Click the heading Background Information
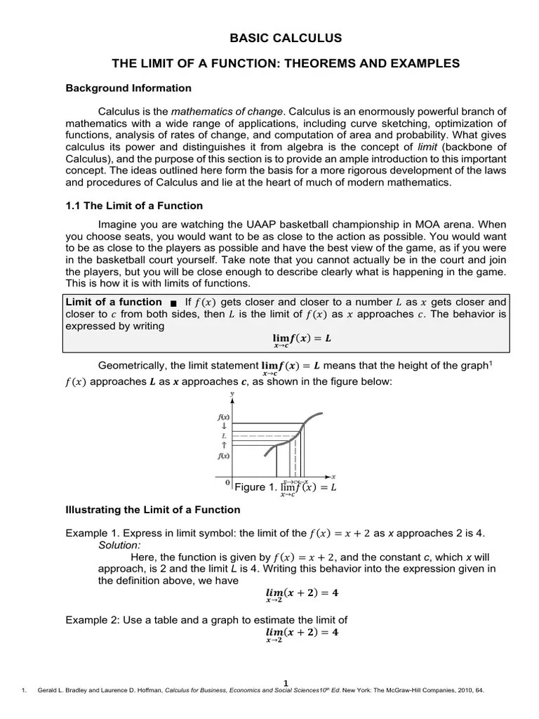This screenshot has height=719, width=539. (128, 88)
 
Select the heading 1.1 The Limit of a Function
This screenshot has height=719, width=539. (134, 206)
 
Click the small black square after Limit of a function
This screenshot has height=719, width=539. (173, 303)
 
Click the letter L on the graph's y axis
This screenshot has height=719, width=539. (224, 435)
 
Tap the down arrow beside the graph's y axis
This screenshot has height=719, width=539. (224, 426)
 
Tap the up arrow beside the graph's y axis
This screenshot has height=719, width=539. (224, 445)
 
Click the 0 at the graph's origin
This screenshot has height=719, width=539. (227, 483)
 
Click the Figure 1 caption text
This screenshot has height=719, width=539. (285, 488)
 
